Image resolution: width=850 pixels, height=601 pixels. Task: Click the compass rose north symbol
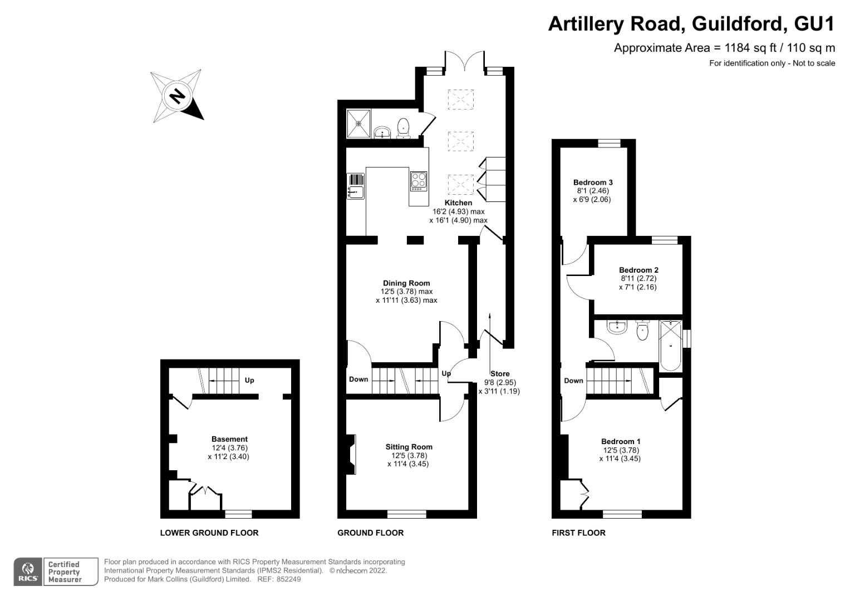177,96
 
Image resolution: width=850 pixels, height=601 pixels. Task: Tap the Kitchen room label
458,203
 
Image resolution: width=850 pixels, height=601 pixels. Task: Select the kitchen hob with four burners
419,181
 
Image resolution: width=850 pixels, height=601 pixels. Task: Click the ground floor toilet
404,127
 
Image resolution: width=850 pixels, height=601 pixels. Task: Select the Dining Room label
406,283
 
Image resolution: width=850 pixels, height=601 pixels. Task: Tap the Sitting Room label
409,446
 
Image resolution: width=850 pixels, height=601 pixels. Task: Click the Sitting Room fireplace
351,454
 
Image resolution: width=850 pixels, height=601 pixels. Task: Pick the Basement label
229,439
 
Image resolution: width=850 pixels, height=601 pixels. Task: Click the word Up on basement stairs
249,380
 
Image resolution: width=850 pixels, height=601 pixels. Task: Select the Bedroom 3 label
593,182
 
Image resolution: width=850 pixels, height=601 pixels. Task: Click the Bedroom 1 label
621,441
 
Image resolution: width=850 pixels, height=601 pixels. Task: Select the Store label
500,373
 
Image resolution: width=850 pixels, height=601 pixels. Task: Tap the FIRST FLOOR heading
578,533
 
